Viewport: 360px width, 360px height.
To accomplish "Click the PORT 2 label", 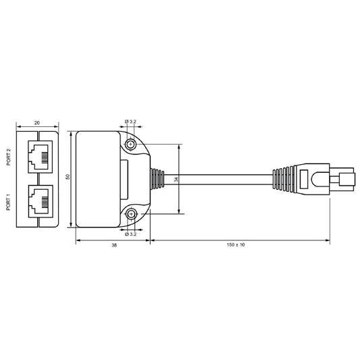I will [x=7, y=157].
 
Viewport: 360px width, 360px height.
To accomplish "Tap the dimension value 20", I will [x=36, y=124].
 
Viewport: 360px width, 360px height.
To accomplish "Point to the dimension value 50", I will [x=68, y=177].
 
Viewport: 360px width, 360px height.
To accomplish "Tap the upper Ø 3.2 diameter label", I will [x=131, y=121].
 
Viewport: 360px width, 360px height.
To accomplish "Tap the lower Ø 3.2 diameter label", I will [x=131, y=234].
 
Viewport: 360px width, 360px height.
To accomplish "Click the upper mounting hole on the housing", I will [x=131, y=144].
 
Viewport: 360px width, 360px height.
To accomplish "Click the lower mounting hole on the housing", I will [x=131, y=215].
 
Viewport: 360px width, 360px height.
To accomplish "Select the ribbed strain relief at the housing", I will [x=157, y=180].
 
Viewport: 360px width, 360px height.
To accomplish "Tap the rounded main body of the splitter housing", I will [x=98, y=180].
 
